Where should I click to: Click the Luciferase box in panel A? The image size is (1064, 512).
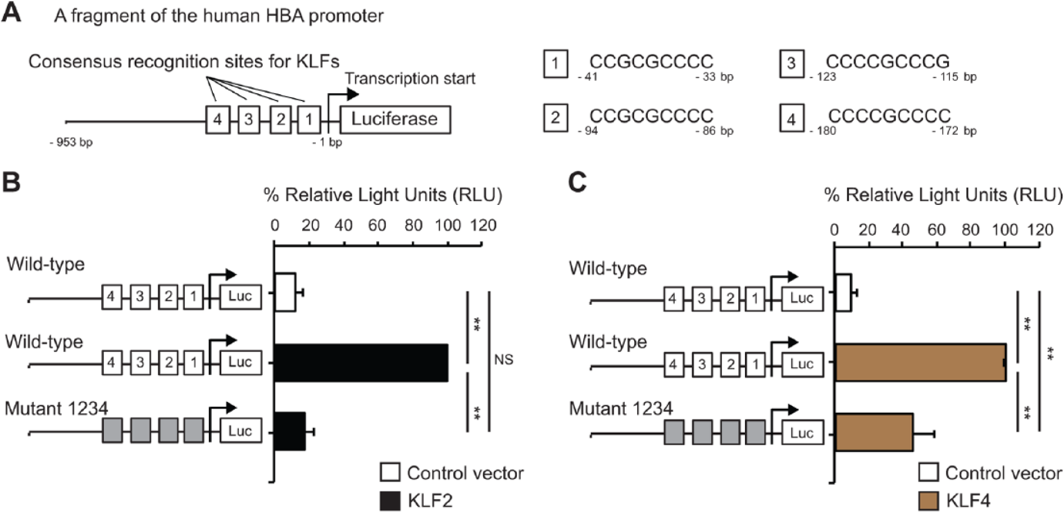(395, 119)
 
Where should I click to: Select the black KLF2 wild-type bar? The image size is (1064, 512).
(361, 363)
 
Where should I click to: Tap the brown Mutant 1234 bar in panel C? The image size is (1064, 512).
(874, 432)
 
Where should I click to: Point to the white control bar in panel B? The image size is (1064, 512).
(285, 292)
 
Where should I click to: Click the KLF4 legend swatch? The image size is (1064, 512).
(928, 500)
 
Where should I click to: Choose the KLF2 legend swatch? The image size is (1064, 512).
(390, 500)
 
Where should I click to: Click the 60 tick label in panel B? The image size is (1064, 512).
(377, 226)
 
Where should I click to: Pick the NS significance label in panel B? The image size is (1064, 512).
(503, 359)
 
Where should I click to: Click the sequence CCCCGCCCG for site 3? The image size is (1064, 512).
(888, 61)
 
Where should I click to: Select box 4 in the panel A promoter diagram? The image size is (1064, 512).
(217, 119)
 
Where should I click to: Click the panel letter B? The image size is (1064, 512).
(11, 182)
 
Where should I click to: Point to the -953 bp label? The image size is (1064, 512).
(71, 143)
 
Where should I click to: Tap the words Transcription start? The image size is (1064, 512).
(410, 79)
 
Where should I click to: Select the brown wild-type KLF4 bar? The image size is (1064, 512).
(921, 363)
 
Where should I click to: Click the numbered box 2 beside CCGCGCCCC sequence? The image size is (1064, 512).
(555, 118)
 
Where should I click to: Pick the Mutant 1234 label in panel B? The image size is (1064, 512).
(56, 408)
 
